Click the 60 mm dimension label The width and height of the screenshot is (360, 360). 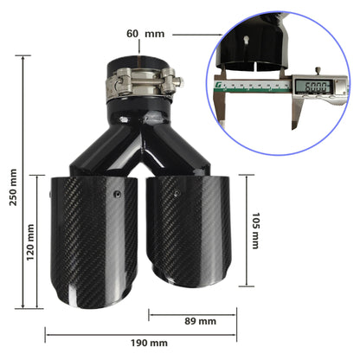[x=145, y=34]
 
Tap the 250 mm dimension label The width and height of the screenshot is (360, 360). [x=13, y=187]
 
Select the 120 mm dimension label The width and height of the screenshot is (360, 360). [x=30, y=242]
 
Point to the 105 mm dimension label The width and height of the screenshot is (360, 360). [x=255, y=231]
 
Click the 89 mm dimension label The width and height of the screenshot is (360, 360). [x=201, y=321]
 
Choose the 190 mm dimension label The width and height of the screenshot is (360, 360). [x=149, y=343]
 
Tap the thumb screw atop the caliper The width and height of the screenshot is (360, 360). [x=318, y=71]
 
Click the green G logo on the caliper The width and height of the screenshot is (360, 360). [x=220, y=86]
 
